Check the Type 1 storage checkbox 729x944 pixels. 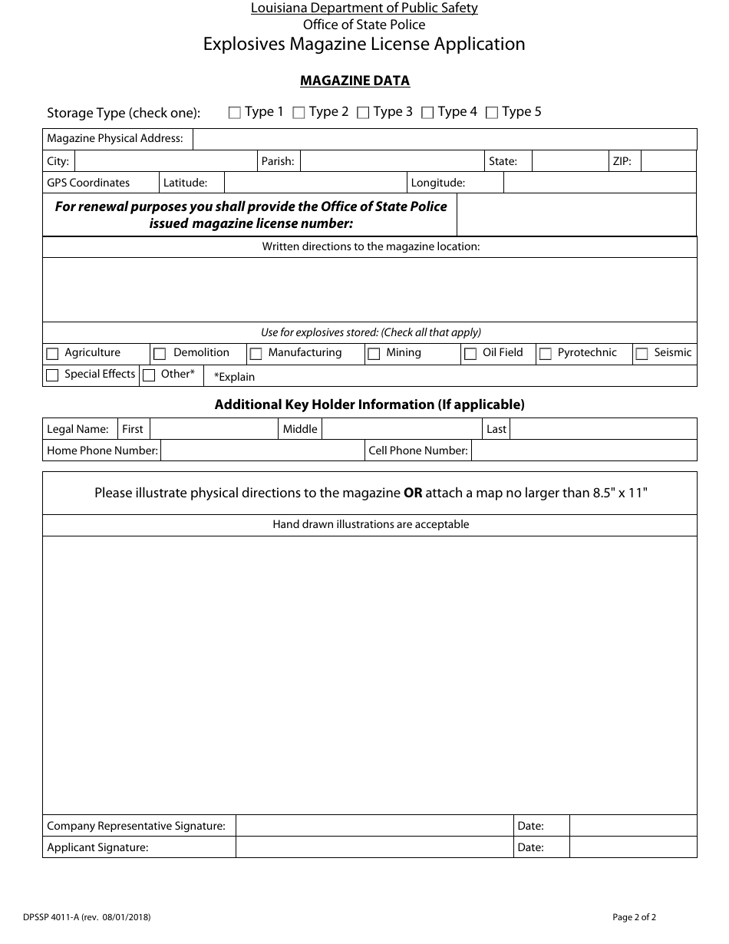coord(235,113)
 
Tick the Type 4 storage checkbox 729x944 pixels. coord(428,113)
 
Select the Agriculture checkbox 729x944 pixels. coord(52,354)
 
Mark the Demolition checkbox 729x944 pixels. coord(160,354)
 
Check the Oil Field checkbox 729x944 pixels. coord(470,354)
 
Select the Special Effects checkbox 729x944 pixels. coord(52,375)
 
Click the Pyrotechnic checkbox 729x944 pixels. coord(546,354)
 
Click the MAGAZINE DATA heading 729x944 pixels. coord(355,81)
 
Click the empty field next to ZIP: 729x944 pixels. coord(668,161)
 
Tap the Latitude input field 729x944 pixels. coord(315,183)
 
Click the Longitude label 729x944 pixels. coord(438,183)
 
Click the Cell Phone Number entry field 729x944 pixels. coord(584,451)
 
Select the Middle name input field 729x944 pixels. coord(402,429)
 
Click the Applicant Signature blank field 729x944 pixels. coord(374,847)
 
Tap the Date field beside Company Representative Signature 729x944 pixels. coord(633,826)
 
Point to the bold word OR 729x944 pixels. coord(413,493)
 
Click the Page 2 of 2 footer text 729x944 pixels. coord(634,916)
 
